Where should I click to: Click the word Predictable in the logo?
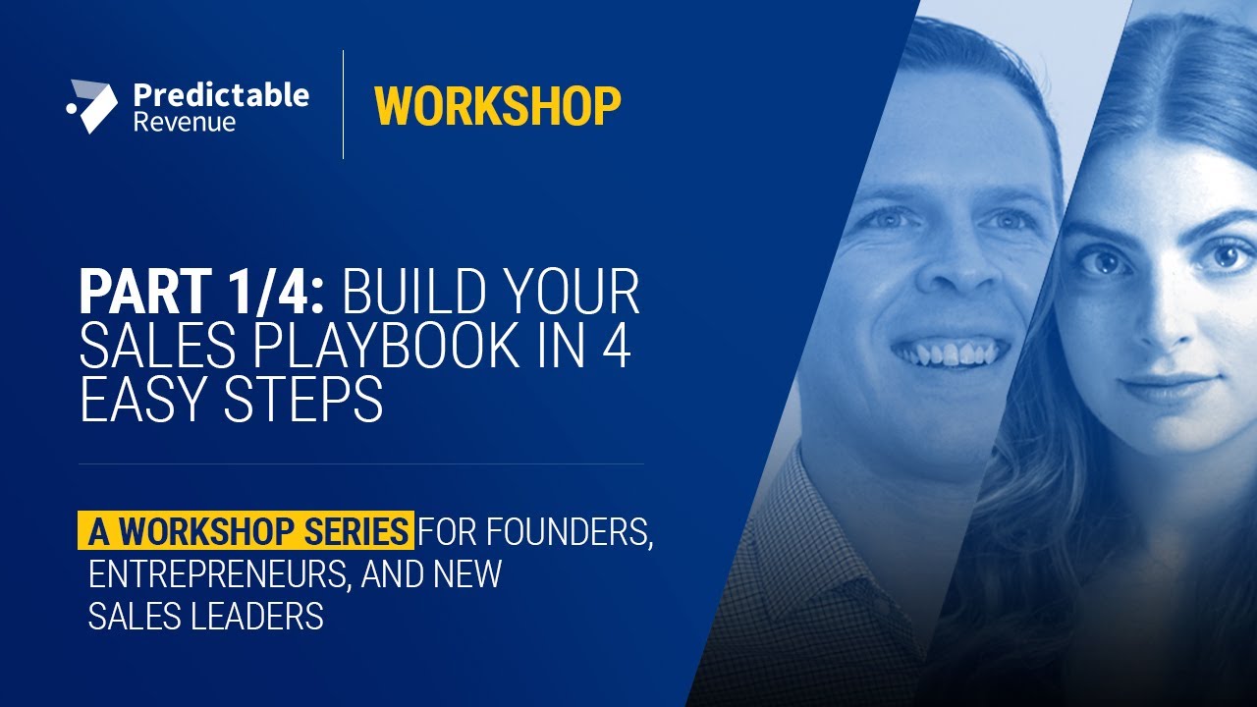click(x=221, y=95)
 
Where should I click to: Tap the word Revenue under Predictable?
click(x=185, y=123)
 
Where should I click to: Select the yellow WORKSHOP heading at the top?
click(x=497, y=106)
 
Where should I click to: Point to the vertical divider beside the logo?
click(x=343, y=104)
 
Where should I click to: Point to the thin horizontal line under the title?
click(x=361, y=463)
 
